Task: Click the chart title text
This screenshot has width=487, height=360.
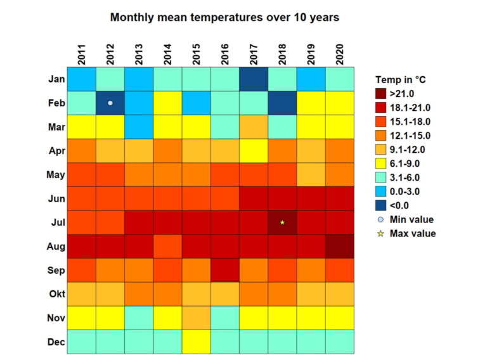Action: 224,18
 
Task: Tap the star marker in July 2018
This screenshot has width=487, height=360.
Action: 282,222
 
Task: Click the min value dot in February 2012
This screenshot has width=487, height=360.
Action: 110,103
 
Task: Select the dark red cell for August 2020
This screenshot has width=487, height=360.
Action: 339,246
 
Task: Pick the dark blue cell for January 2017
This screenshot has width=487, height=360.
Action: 254,79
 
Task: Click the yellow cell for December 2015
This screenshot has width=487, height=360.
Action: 196,342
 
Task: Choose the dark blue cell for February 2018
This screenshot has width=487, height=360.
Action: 282,103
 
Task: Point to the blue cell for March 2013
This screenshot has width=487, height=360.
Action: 139,127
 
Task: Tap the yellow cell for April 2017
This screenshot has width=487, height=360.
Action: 254,150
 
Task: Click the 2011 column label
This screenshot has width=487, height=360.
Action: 82,55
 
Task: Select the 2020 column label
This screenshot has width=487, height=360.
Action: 339,55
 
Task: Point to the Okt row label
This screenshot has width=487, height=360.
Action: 56,294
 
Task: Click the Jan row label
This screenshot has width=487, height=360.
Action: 56,79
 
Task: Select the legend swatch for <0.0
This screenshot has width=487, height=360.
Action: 380,205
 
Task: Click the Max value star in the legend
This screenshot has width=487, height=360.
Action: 380,233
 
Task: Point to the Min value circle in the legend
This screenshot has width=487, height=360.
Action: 380,219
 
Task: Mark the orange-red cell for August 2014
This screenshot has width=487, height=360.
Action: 167,246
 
